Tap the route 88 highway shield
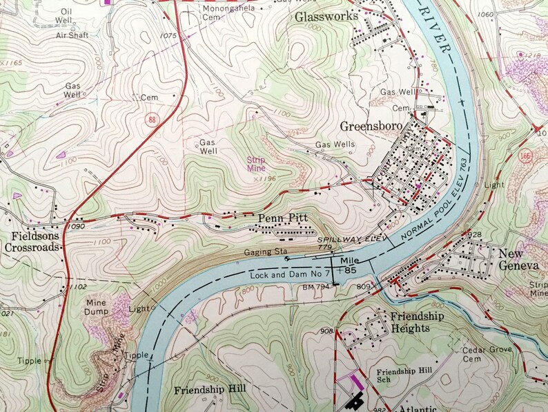tap(152, 120)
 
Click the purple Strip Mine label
tap(256, 163)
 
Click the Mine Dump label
tap(99, 308)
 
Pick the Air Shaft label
tap(73, 35)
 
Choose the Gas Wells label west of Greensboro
tap(335, 144)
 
